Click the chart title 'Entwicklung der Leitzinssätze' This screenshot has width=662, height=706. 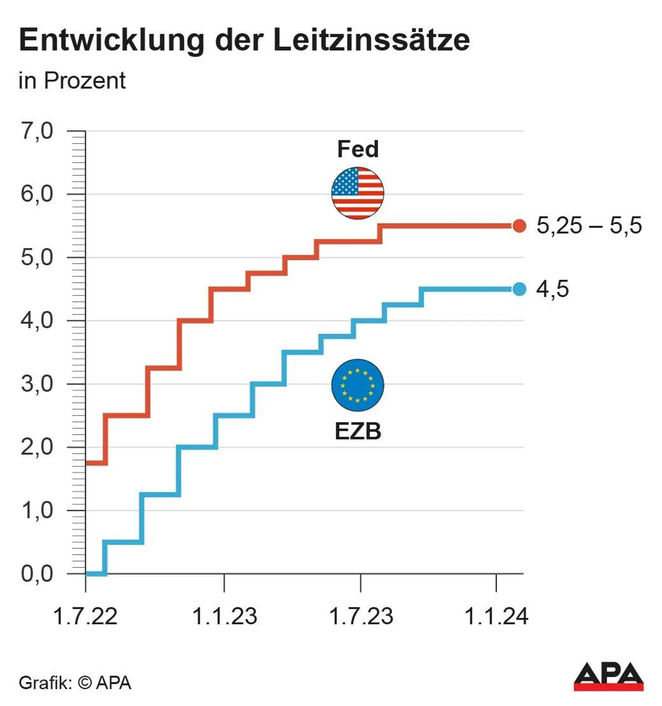pos(244,40)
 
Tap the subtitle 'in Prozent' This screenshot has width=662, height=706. pos(72,81)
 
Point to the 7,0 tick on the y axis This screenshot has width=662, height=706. pos(37,131)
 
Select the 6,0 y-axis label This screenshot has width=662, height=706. pos(37,194)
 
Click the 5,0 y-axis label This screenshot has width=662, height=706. pos(37,257)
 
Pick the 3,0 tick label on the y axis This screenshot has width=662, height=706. pos(37,384)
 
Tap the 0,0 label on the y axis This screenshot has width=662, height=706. pos(37,574)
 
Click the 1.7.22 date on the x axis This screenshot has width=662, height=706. pos(85,616)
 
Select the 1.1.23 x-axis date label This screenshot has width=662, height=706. pos(224,616)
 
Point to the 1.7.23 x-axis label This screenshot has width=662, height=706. pos(361,616)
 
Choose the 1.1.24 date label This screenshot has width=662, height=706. pos(496,616)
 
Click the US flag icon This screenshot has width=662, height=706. pos(357,193)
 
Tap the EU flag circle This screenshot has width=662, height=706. pos(357,385)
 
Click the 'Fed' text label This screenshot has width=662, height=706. pos(358,149)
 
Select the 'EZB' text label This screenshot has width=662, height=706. pos(358,431)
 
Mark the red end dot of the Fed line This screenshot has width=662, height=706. pos(519,226)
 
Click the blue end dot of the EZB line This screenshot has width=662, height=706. pos(519,289)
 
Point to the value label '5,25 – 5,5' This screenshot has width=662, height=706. pos(589,225)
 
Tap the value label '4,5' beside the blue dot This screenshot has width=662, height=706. pos(552,289)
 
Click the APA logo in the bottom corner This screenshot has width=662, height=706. pos(608,677)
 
